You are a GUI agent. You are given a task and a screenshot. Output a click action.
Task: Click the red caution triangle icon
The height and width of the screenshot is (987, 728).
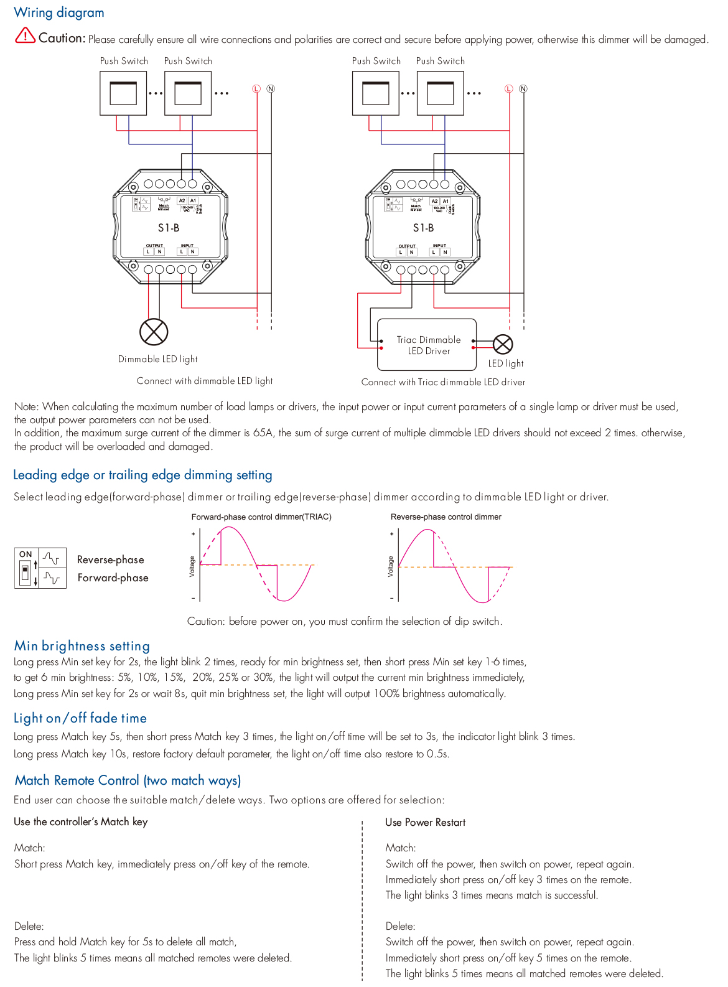[x=25, y=35]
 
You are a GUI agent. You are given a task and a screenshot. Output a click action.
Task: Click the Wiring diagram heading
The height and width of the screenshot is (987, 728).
[x=59, y=12]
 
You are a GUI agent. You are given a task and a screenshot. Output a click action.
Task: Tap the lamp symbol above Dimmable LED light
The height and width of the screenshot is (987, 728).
[x=154, y=332]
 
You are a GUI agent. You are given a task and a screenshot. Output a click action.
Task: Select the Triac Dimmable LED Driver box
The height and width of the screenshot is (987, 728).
[x=427, y=345]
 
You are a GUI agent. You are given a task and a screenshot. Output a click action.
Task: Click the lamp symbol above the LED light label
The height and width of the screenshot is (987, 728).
[x=503, y=344]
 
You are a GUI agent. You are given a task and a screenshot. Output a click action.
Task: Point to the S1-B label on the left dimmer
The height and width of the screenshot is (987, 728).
[x=169, y=228]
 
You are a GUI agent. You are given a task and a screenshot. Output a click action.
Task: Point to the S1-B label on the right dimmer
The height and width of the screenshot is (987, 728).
[x=423, y=228]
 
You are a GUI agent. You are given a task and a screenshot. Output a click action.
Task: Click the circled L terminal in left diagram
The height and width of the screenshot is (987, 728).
[x=256, y=89]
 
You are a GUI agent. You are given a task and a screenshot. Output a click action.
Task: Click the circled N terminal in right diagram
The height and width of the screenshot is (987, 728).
[x=523, y=89]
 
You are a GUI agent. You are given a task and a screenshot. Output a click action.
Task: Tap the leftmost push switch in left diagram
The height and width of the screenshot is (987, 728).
[x=123, y=93]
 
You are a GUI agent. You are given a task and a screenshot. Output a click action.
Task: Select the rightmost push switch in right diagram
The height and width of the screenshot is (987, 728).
[x=441, y=93]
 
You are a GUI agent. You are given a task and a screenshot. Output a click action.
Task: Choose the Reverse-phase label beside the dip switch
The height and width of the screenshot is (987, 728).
[x=110, y=559]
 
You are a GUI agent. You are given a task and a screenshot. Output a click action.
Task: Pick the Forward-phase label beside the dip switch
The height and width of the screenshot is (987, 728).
[x=113, y=578]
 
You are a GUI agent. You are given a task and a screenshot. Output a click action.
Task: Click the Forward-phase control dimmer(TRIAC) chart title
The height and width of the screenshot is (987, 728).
[x=261, y=517]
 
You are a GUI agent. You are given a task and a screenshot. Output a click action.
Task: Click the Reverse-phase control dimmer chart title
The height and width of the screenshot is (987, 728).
[x=446, y=517]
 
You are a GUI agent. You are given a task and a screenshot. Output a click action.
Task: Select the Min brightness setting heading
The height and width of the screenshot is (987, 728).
[x=82, y=645]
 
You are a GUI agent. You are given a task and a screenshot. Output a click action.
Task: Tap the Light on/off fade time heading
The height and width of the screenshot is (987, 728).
[x=80, y=718]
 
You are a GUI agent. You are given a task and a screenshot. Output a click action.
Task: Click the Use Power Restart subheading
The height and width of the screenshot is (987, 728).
[x=425, y=822]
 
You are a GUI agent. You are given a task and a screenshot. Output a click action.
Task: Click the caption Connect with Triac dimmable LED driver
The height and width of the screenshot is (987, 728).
[x=443, y=382]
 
